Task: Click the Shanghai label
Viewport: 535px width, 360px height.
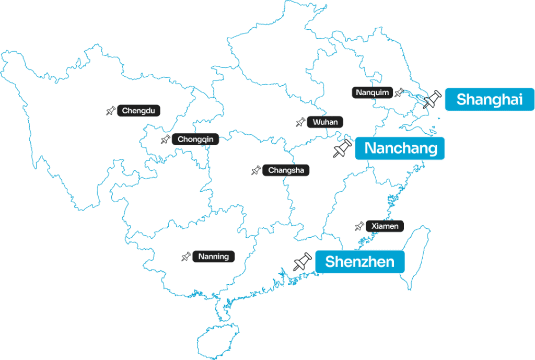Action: (x=489, y=99)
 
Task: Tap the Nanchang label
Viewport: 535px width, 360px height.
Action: (x=400, y=148)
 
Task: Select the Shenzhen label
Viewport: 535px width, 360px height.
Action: (x=359, y=261)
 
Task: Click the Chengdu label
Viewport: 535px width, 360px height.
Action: (x=138, y=111)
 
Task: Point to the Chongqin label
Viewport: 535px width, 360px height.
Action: (x=195, y=139)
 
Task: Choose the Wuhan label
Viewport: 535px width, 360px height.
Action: (x=325, y=122)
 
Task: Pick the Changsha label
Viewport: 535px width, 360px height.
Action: (x=286, y=170)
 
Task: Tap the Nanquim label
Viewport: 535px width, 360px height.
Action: (x=373, y=92)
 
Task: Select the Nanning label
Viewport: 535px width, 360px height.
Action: (x=213, y=257)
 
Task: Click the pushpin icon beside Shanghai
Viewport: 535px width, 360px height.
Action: (x=433, y=99)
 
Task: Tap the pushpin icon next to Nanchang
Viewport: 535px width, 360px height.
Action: (x=342, y=149)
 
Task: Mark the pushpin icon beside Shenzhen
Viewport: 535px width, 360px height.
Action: (x=303, y=261)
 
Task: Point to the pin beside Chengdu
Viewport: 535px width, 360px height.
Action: (x=111, y=111)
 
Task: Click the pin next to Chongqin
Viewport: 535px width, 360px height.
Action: (x=166, y=140)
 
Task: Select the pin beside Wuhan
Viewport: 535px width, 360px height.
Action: (x=300, y=122)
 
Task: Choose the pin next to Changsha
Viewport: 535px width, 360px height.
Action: (x=256, y=170)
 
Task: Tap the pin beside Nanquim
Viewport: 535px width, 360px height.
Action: (x=399, y=92)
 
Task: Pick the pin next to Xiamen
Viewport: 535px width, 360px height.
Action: (x=359, y=226)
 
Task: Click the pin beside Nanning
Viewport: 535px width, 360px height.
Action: (x=186, y=257)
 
